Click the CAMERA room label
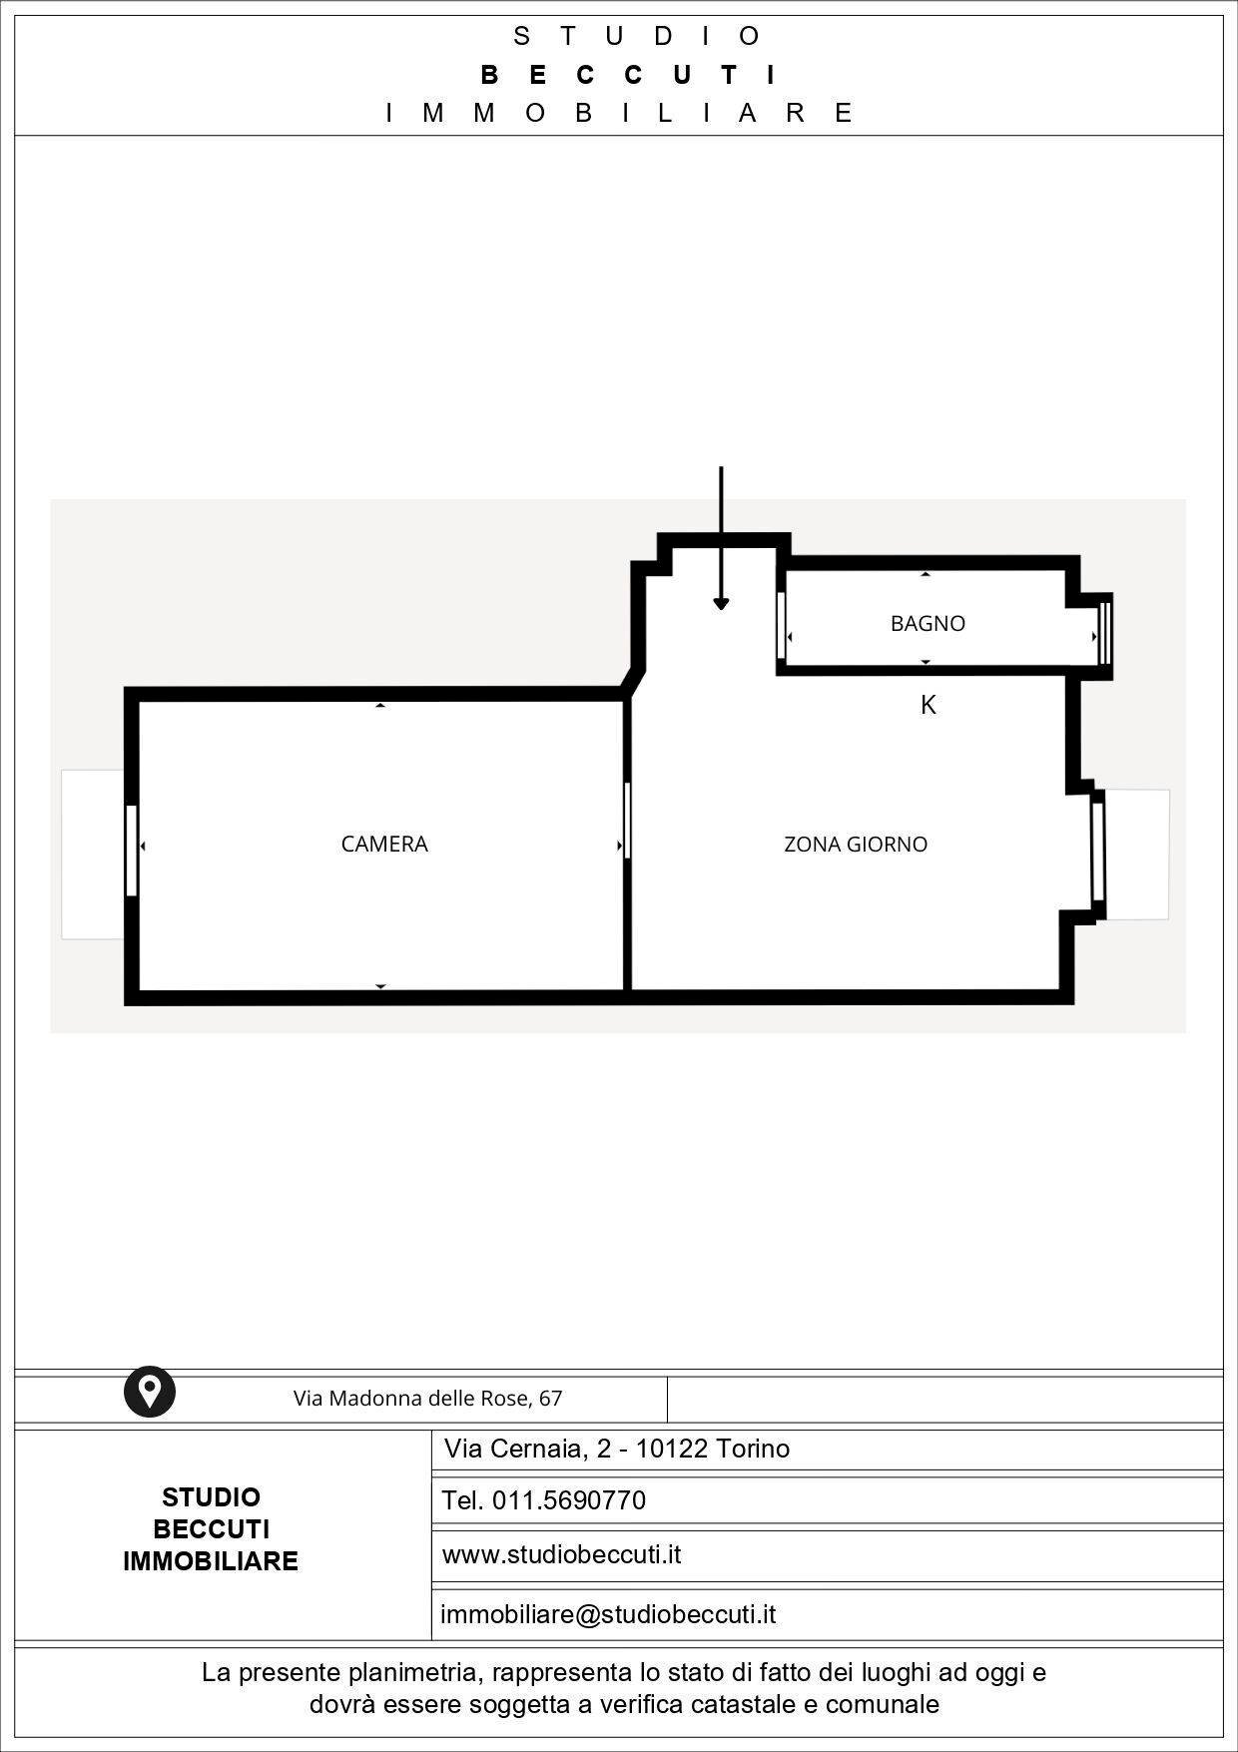coord(384,845)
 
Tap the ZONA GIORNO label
coord(856,845)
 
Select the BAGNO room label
coord(928,624)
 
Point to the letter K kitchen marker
coord(928,706)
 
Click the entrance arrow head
coord(721,604)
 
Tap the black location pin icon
coord(150,1391)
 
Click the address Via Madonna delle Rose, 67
coord(427,1399)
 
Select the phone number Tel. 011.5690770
coord(544,1500)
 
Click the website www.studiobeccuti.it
coord(561,1554)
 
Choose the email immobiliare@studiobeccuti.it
coord(608,1614)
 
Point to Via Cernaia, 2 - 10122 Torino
coord(617,1449)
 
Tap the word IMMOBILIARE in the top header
coord(620,113)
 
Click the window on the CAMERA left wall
coord(131,851)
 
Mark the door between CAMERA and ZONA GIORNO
coord(627,821)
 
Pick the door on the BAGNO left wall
coord(782,626)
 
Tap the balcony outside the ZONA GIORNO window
coord(1137,855)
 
